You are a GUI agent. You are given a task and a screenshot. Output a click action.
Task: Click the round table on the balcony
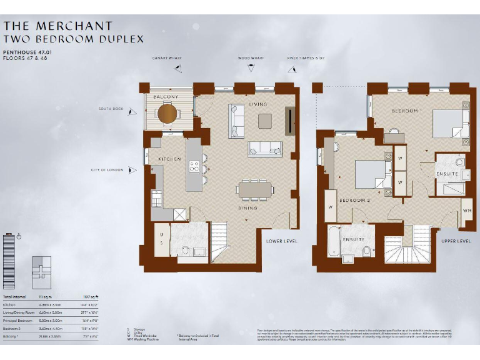coord(167,113)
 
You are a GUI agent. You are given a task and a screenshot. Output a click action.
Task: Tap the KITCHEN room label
coord(169,159)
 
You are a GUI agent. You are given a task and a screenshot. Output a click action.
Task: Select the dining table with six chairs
coord(255,189)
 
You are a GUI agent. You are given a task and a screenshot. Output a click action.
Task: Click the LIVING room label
coord(257,104)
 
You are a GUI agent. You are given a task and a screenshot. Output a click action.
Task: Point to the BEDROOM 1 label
coord(407,111)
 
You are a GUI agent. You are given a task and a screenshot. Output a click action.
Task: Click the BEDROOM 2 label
coord(354,200)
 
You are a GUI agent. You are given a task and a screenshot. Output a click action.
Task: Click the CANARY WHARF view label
coord(167,57)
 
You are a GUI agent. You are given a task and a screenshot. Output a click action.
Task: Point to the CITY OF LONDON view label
coord(107,169)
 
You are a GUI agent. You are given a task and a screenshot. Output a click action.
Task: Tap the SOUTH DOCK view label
coord(111,109)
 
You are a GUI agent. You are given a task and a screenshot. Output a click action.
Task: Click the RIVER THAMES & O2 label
coord(306,57)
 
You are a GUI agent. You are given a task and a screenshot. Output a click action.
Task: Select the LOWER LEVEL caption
coord(282,241)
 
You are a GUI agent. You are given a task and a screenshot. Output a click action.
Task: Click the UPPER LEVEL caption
coord(456,241)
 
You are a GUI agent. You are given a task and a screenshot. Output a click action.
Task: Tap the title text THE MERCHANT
coord(57,26)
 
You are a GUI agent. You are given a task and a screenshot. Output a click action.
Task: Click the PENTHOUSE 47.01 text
coord(24,52)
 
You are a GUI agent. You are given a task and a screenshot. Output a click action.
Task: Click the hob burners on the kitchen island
coord(194,167)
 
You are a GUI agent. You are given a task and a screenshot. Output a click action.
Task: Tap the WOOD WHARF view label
coord(251,57)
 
